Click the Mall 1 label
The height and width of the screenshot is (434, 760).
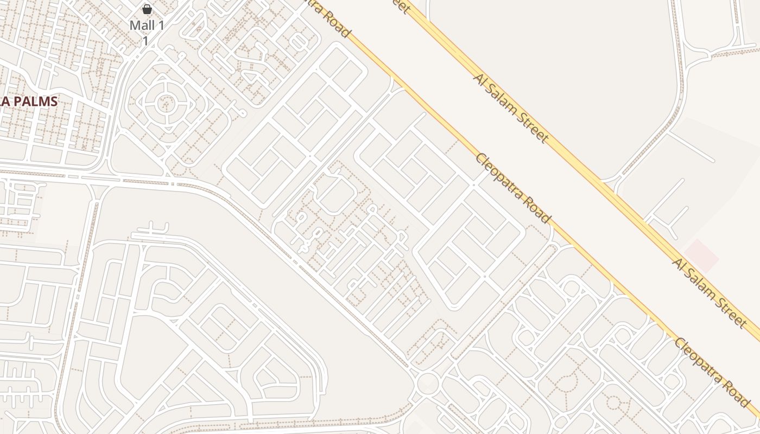click(x=147, y=25)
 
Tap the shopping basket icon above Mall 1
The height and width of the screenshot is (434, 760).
click(x=147, y=9)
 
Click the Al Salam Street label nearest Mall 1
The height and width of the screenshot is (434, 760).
click(x=511, y=107)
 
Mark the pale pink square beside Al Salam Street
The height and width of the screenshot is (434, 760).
click(x=701, y=256)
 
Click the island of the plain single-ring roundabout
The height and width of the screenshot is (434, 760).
click(x=428, y=383)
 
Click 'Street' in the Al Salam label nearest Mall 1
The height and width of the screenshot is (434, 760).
click(x=530, y=126)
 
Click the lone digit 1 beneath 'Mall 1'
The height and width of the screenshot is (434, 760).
click(x=145, y=40)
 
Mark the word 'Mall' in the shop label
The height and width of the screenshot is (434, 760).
click(x=140, y=25)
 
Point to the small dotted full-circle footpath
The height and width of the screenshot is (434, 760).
click(x=613, y=403)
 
